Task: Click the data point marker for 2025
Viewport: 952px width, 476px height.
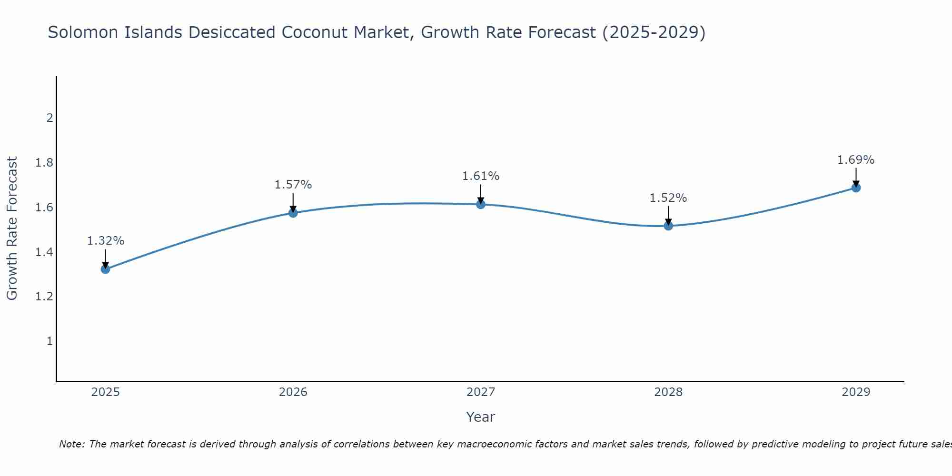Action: coord(105,269)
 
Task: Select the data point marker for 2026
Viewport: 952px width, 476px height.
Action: coord(293,213)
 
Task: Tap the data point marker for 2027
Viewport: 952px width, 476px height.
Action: coord(481,204)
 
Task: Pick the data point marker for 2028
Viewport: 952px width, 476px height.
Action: coord(668,226)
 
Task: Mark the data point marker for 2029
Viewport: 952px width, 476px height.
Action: coord(856,188)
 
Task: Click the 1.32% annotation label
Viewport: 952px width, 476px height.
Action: coord(105,241)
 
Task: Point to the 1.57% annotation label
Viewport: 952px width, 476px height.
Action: coord(293,185)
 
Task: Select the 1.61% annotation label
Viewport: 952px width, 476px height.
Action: coord(481,176)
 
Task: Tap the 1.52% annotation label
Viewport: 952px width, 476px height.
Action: coord(668,198)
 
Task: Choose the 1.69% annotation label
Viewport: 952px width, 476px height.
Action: coord(856,160)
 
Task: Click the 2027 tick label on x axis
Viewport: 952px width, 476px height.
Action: coord(481,392)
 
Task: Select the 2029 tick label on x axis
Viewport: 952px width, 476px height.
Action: coord(856,392)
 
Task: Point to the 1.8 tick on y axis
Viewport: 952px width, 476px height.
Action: coord(44,163)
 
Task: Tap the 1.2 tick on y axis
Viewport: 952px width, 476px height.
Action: coord(44,297)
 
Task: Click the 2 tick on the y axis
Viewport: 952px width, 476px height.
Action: coord(50,118)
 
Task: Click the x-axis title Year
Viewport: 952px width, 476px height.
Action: coord(481,417)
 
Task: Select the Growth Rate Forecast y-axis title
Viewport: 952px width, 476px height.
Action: coord(12,228)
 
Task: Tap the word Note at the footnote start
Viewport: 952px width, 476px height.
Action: coord(71,444)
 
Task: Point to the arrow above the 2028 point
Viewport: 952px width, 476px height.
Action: coord(668,216)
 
